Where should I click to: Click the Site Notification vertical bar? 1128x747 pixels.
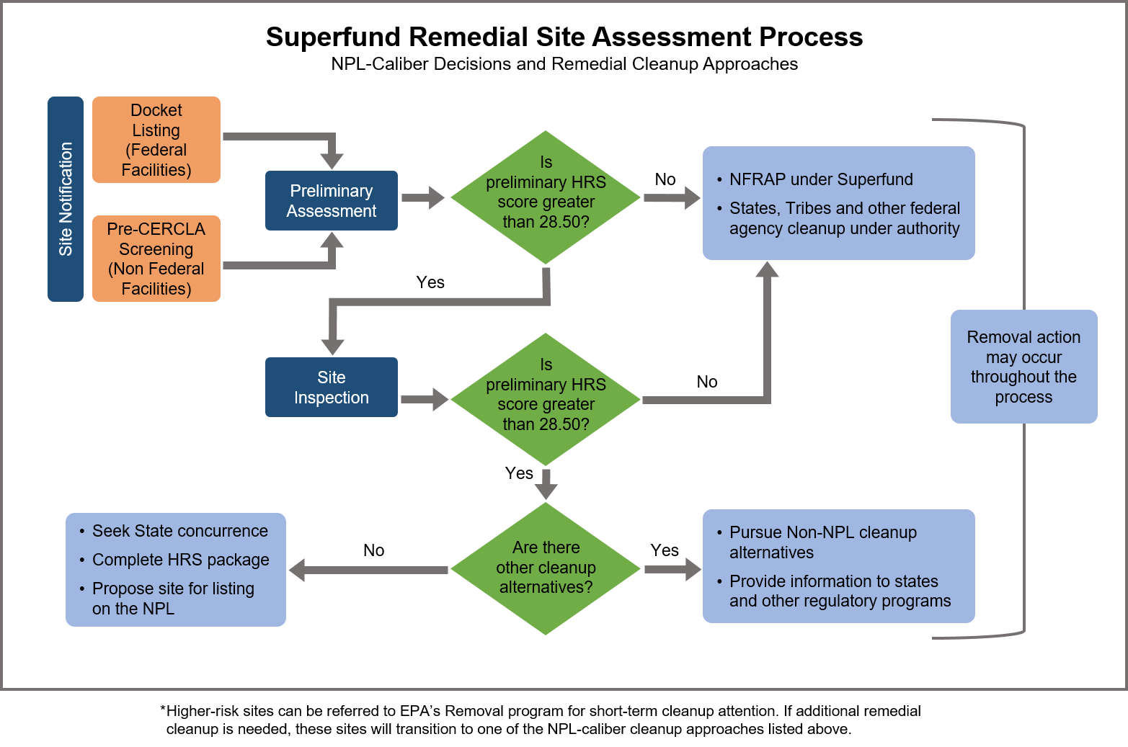click(x=66, y=199)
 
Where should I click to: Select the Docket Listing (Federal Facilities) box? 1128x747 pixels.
click(x=156, y=140)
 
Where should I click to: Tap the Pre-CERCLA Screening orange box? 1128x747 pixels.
click(x=156, y=259)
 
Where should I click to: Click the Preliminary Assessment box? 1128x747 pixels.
click(x=332, y=201)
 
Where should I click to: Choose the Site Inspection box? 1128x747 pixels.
click(x=332, y=388)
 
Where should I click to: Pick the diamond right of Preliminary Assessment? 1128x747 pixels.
click(x=546, y=197)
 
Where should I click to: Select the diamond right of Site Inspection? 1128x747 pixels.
click(x=546, y=399)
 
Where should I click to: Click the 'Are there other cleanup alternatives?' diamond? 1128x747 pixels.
click(x=546, y=568)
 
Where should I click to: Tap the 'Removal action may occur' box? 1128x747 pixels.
click(x=1023, y=367)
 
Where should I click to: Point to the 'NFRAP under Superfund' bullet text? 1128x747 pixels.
click(x=821, y=179)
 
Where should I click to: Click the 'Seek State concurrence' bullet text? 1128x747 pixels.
click(x=180, y=531)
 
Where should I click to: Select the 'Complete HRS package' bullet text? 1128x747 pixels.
click(x=181, y=560)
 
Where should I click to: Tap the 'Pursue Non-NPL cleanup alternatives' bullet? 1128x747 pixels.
click(x=822, y=542)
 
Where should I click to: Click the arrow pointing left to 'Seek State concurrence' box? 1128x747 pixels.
click(x=368, y=570)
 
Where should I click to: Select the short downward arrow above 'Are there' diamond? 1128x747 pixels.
click(x=546, y=483)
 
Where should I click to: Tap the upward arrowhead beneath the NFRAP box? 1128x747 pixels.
click(x=767, y=270)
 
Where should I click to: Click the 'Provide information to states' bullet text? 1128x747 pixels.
click(x=840, y=591)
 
